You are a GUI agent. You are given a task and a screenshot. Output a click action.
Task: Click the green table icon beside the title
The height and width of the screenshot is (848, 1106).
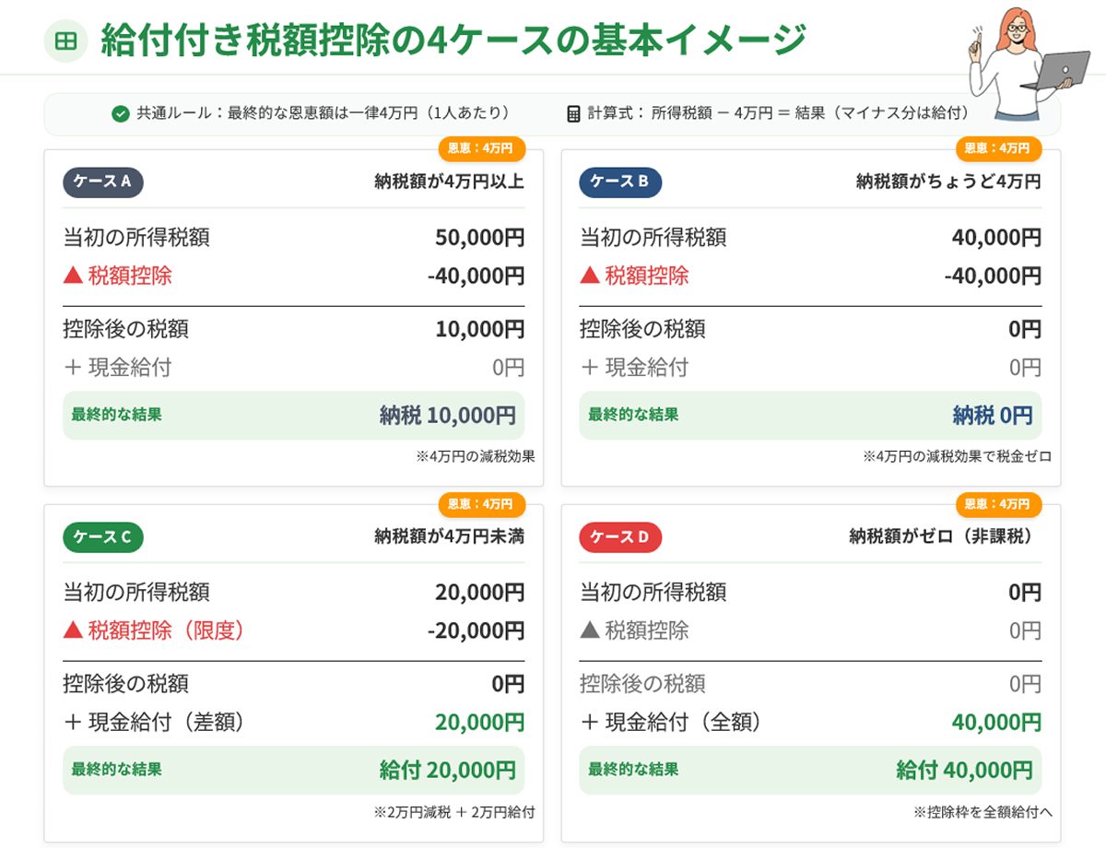pyautogui.click(x=65, y=41)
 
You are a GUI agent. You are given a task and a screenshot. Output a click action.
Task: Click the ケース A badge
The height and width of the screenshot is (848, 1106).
pyautogui.click(x=102, y=182)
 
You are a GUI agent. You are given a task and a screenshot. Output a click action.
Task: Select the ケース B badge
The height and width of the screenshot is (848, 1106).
pyautogui.click(x=619, y=182)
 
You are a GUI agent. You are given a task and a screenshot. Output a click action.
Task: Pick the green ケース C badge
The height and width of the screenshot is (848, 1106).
pyautogui.click(x=102, y=536)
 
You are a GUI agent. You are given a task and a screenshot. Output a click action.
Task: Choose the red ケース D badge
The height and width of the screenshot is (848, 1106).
pyautogui.click(x=619, y=536)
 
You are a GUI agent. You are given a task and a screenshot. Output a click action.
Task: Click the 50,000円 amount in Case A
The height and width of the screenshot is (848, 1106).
pyautogui.click(x=479, y=238)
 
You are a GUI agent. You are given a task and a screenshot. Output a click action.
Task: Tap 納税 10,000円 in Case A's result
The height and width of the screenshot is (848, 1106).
pyautogui.click(x=447, y=416)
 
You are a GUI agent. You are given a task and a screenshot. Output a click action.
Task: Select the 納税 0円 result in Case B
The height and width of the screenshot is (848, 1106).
pyautogui.click(x=992, y=416)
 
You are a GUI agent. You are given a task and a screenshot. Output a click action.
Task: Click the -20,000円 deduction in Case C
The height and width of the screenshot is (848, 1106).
pyautogui.click(x=476, y=631)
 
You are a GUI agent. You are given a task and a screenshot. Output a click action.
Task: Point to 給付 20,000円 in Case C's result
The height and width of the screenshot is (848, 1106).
pyautogui.click(x=447, y=771)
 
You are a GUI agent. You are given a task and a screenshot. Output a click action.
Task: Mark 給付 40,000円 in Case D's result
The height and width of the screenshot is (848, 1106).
pyautogui.click(x=964, y=771)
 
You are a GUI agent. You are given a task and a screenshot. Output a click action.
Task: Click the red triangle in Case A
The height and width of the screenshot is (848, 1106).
pyautogui.click(x=73, y=276)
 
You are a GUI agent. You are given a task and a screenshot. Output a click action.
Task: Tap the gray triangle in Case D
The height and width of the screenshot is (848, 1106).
pyautogui.click(x=590, y=630)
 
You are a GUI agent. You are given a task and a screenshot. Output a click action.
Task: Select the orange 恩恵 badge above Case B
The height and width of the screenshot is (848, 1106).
pyautogui.click(x=997, y=148)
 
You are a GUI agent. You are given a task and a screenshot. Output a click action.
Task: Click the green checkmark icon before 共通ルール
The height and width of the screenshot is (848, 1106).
pyautogui.click(x=120, y=114)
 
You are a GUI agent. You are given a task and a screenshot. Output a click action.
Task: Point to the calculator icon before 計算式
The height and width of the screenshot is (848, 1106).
pyautogui.click(x=573, y=114)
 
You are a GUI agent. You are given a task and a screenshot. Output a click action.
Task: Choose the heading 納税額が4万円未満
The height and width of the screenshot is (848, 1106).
pyautogui.click(x=449, y=536)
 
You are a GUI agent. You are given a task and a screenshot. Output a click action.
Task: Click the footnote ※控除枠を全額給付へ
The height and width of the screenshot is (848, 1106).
pyautogui.click(x=982, y=812)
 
